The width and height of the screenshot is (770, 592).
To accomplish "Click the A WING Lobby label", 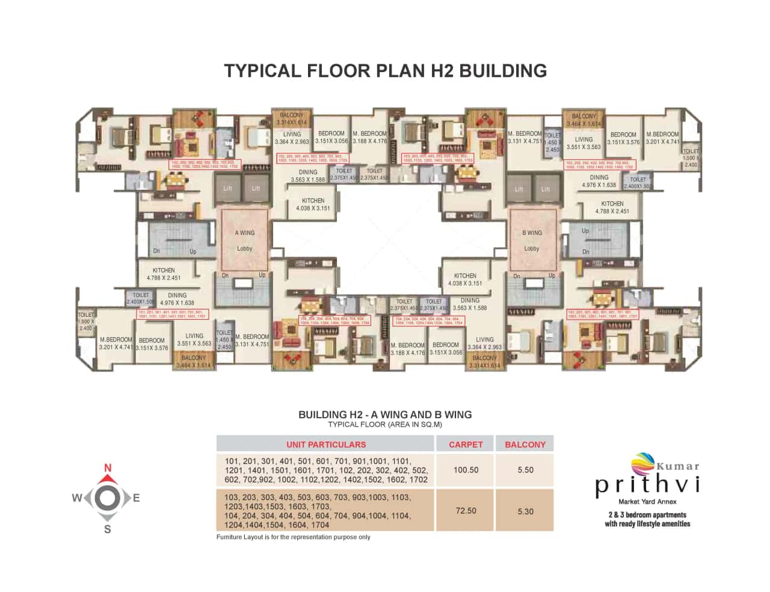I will point(244,240).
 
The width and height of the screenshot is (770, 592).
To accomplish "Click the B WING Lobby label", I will point(532,240).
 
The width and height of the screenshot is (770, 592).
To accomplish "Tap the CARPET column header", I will point(466,445).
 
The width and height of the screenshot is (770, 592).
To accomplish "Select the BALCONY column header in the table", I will point(525,445).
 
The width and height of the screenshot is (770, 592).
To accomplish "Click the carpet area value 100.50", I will point(466,470).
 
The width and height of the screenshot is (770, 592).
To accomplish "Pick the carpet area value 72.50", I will point(466,511).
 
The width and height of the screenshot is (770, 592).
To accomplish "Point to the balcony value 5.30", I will point(525,511).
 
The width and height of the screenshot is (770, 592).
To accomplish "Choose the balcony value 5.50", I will point(525,470).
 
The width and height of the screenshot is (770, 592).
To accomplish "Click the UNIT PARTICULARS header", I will point(325,445).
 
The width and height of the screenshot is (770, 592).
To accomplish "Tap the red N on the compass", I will point(108,468).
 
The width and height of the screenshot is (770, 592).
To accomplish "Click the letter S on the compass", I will point(108,529).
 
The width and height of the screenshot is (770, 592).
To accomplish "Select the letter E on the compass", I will point(137,498).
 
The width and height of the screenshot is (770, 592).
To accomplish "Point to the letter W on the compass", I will point(78,498).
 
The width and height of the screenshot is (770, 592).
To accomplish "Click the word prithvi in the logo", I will point(647,485).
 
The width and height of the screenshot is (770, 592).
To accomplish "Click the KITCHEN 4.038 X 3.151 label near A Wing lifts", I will point(313,204).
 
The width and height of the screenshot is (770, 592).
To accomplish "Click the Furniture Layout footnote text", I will point(294,537).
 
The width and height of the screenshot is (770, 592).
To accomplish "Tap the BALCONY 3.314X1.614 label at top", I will point(292,118).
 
